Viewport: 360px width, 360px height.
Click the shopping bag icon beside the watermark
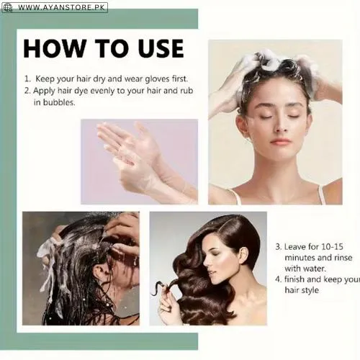[x=7, y=7]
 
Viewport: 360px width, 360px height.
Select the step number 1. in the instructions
[x=27, y=78]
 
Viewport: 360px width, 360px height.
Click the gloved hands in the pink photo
[x=133, y=155]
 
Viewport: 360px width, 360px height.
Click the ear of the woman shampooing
[x=243, y=126]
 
